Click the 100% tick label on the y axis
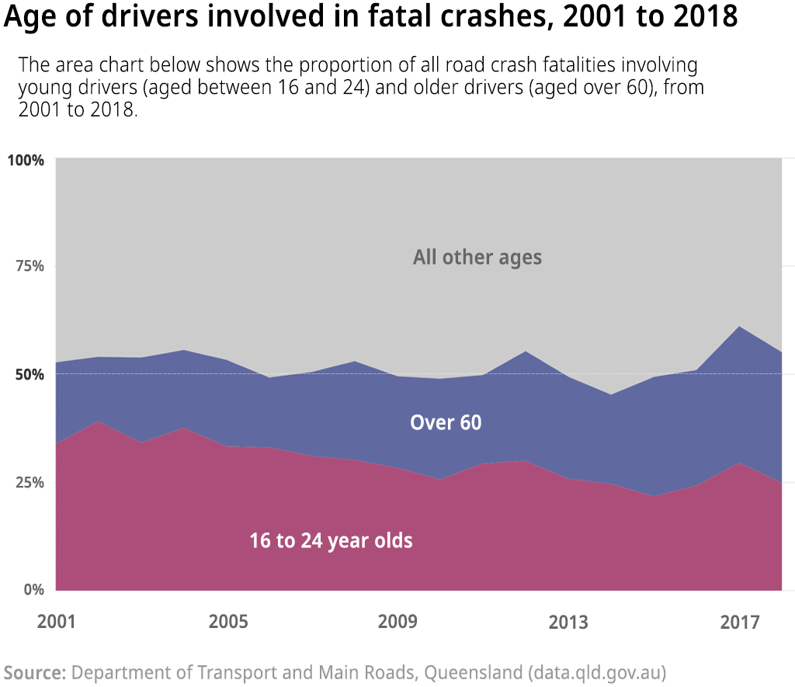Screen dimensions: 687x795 click(26, 160)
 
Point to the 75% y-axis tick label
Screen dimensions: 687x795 click(30, 266)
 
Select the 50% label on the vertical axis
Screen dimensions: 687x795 click(30, 374)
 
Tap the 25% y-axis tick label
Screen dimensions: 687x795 click(30, 482)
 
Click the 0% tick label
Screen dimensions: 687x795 click(33, 589)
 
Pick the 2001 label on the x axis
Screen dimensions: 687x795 click(57, 622)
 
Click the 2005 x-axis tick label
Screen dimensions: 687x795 click(227, 622)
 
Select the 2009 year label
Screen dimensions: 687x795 click(397, 622)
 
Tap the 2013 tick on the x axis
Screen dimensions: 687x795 click(568, 622)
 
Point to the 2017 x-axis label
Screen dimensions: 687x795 click(739, 622)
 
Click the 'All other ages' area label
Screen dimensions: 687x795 click(477, 257)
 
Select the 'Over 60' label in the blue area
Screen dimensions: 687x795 click(446, 423)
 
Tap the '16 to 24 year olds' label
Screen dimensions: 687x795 click(331, 541)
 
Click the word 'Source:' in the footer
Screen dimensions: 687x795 click(35, 671)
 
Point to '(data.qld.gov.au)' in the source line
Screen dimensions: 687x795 click(597, 671)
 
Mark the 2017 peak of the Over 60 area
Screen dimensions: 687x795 click(739, 327)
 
